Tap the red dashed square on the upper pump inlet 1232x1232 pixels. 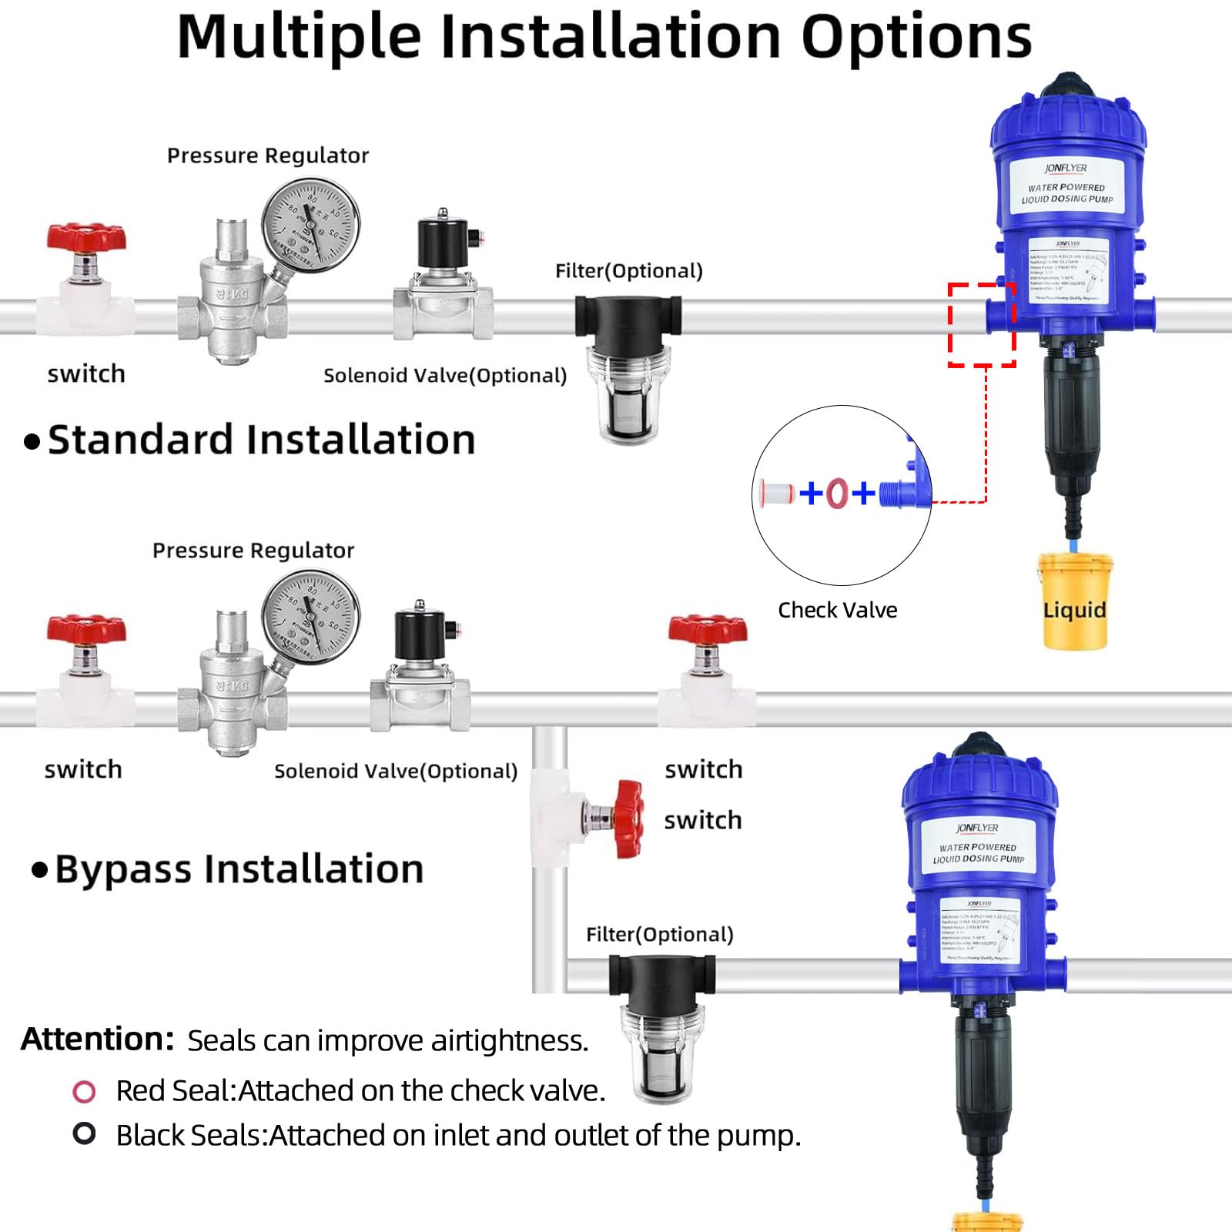click(982, 324)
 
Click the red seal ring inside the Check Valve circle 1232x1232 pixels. click(837, 493)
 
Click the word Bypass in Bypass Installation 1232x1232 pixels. click(122, 869)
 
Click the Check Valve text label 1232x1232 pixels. click(837, 610)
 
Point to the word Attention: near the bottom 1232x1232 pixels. click(97, 1039)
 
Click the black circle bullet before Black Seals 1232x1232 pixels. click(84, 1133)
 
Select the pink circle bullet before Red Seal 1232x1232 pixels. click(84, 1091)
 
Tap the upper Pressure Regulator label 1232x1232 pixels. click(268, 156)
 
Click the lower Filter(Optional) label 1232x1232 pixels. click(659, 934)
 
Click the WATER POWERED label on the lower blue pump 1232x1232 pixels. click(977, 847)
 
